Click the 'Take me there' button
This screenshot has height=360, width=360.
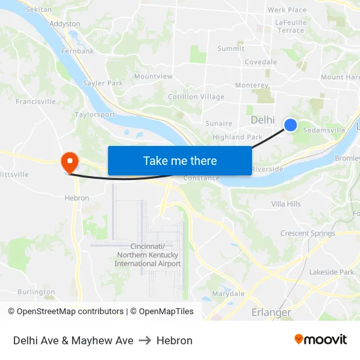pos(179,161)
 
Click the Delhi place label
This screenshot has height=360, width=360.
pos(262,120)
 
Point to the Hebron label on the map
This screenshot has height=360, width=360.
pos(77,198)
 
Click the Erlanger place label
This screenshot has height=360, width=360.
pos(271,312)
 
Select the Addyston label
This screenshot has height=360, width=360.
pos(65,24)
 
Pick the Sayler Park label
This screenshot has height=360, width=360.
pos(103,83)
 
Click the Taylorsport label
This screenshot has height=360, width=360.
pos(95,114)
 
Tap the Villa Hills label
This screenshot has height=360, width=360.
pos(286,204)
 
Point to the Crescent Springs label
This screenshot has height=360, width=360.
pos(308,233)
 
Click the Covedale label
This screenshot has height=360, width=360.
pos(261,62)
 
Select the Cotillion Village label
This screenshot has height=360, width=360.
pos(196,97)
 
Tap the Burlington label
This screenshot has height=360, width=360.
pos(36,292)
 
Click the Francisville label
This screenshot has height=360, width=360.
pos(36,101)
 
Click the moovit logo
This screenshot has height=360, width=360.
pos(321,340)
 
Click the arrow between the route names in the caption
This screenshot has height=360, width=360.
pos(145,340)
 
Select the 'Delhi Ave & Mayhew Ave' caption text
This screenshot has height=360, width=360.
pos(73,340)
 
